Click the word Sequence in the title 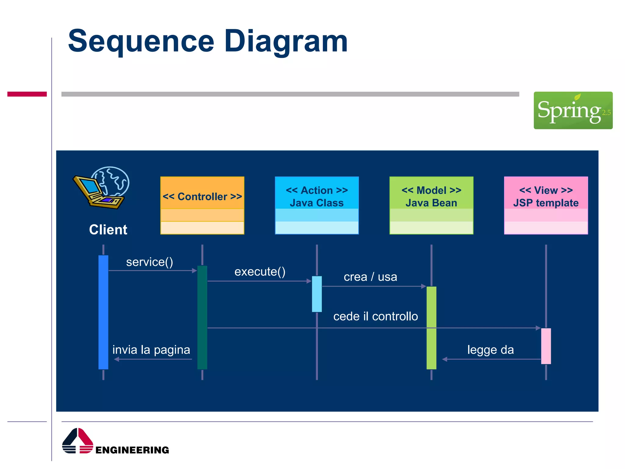(x=141, y=41)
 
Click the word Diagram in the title (x=286, y=41)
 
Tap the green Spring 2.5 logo (x=573, y=110)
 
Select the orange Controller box (x=202, y=205)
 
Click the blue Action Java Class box (x=316, y=205)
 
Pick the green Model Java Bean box (x=431, y=205)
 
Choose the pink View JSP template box (x=546, y=205)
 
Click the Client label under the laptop (x=108, y=230)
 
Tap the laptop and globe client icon (x=101, y=187)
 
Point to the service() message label (x=150, y=262)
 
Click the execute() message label (x=260, y=272)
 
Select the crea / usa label (x=370, y=277)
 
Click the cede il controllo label (x=375, y=316)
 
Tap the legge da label (x=490, y=350)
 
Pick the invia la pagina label (x=151, y=350)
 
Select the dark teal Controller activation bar (x=202, y=318)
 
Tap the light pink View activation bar (x=546, y=346)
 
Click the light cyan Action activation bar (x=316, y=294)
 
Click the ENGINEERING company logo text (x=132, y=450)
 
